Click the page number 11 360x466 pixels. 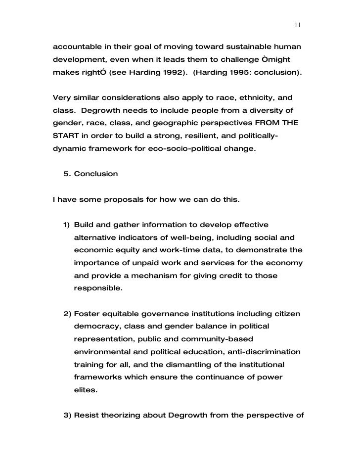297,25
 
